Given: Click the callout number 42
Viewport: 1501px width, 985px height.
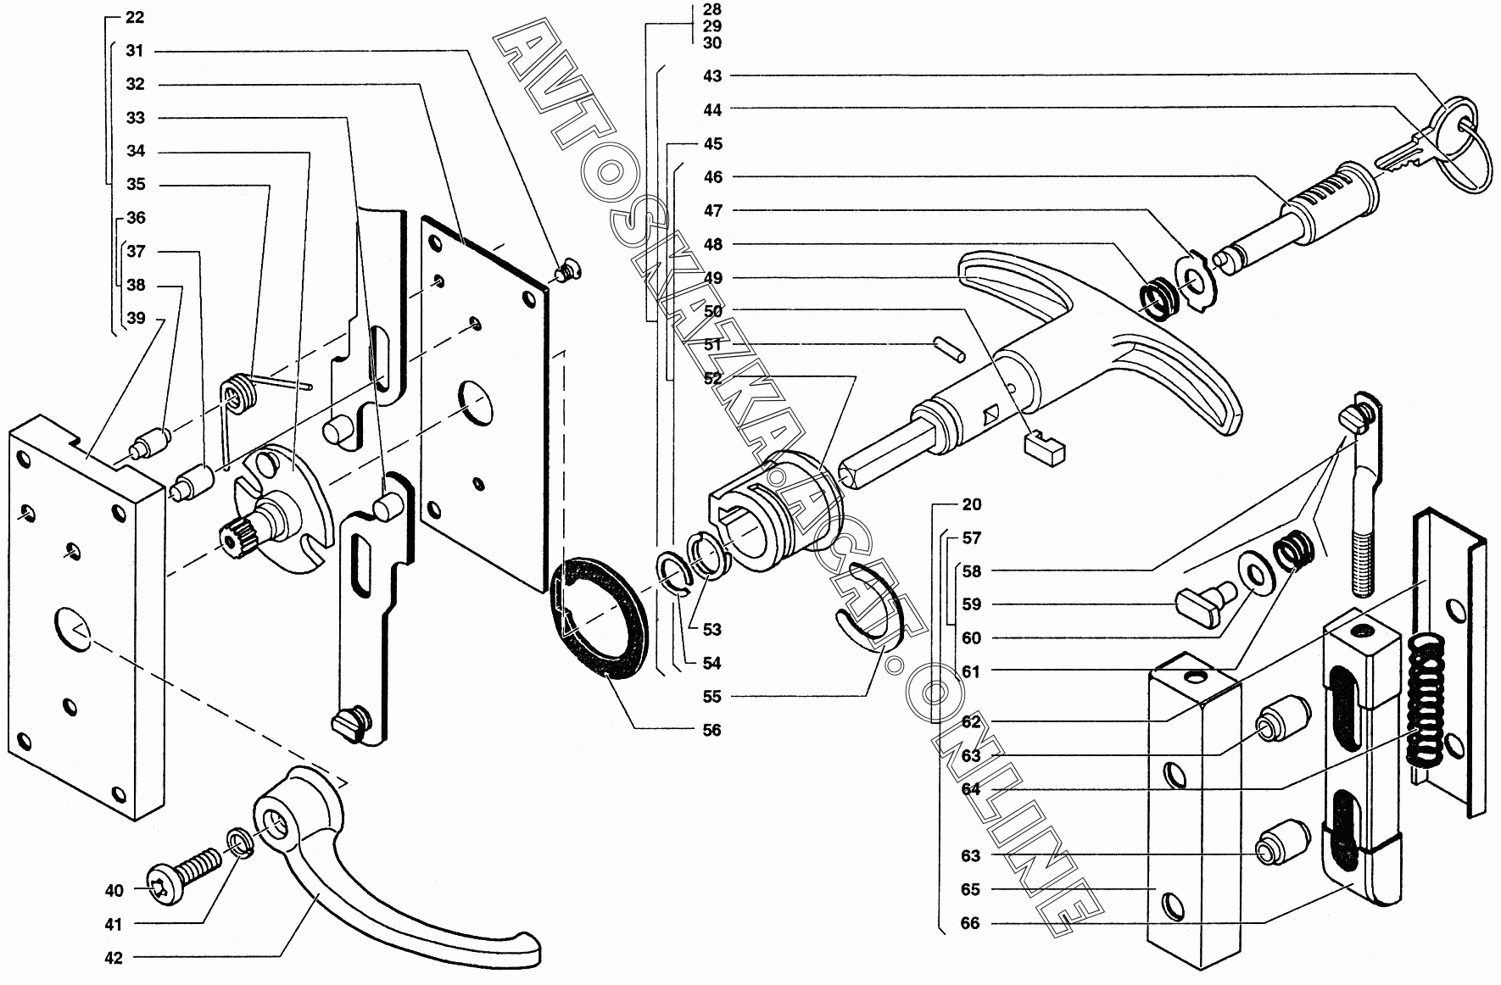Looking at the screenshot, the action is pyautogui.click(x=114, y=958).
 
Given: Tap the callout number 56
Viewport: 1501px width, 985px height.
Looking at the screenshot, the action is pyautogui.click(x=711, y=730).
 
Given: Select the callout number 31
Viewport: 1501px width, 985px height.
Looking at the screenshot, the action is pyautogui.click(x=135, y=51).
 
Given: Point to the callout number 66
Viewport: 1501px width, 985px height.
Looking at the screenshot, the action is pyautogui.click(x=970, y=923).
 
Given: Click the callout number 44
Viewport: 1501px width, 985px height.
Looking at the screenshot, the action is pyautogui.click(x=712, y=109).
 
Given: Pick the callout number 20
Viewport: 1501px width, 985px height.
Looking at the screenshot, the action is pyautogui.click(x=972, y=504).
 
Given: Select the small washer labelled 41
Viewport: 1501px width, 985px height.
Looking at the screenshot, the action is pyautogui.click(x=238, y=844).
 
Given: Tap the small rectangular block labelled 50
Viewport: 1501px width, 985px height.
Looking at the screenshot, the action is pyautogui.click(x=1044, y=447).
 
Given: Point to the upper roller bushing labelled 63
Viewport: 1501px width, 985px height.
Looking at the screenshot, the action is pyautogui.click(x=1280, y=717).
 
